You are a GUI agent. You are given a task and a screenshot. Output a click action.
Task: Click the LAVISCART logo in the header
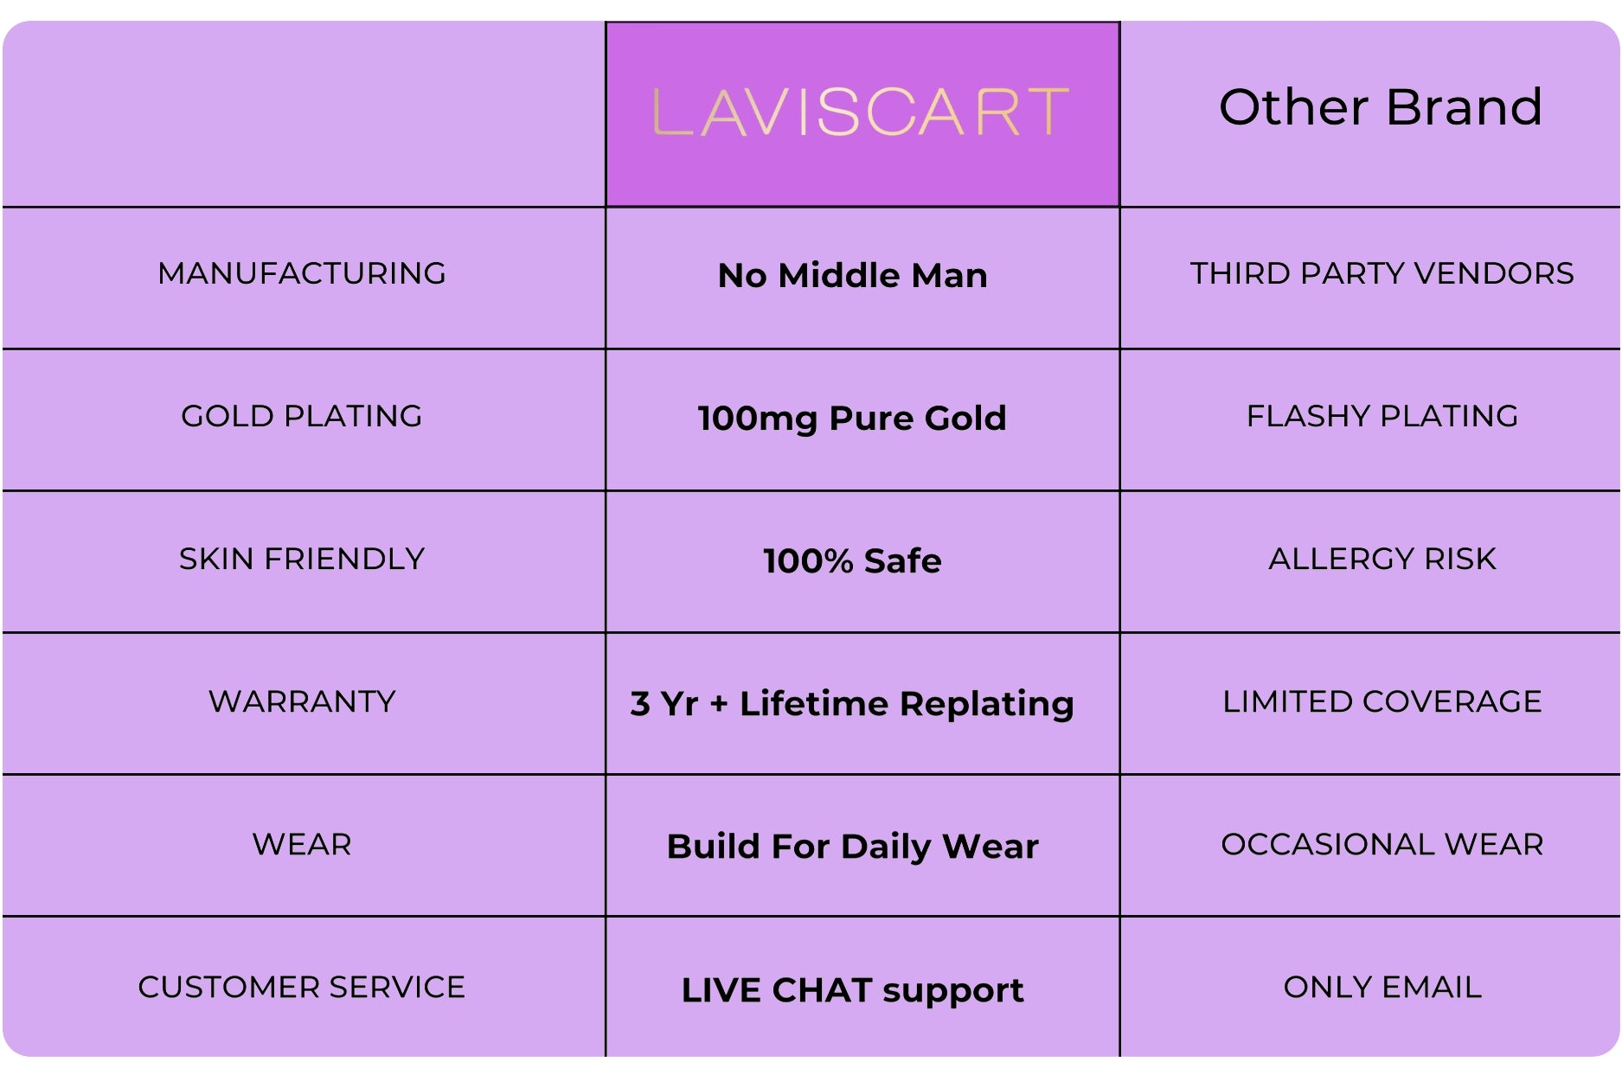pos(861,112)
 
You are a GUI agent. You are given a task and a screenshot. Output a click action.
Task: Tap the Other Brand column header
pos(1381,107)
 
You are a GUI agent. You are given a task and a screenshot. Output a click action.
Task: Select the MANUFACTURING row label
pos(302,273)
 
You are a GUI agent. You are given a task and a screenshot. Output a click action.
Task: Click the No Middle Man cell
pos(853,276)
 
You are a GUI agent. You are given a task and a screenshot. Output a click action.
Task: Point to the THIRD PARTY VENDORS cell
pos(1382,273)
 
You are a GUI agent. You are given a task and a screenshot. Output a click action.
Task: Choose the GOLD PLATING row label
pos(302,416)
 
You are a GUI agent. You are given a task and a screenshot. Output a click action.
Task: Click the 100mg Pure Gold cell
pos(853,419)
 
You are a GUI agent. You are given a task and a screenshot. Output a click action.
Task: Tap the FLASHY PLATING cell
pos(1382,416)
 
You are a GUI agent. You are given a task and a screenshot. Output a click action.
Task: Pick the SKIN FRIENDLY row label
pos(302,559)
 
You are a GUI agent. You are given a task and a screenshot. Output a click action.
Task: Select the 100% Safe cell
pos(853,561)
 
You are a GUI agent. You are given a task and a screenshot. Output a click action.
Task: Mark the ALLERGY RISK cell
pos(1382,559)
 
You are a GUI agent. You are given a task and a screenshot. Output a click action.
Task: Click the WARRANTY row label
pos(302,701)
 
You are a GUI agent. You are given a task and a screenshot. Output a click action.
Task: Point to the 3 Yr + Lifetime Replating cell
pos(853,704)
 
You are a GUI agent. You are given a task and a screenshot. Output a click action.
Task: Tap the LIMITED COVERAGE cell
pos(1382,701)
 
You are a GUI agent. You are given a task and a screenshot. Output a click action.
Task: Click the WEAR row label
pos(302,844)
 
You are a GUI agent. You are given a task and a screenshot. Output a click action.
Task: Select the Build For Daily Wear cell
pos(853,847)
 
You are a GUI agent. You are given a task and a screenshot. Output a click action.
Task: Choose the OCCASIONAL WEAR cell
pos(1382,844)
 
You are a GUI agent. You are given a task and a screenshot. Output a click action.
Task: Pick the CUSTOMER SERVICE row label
pos(302,987)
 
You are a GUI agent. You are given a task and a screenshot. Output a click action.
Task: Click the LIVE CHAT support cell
pos(853,990)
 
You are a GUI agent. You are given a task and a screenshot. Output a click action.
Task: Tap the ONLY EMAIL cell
pos(1382,987)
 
